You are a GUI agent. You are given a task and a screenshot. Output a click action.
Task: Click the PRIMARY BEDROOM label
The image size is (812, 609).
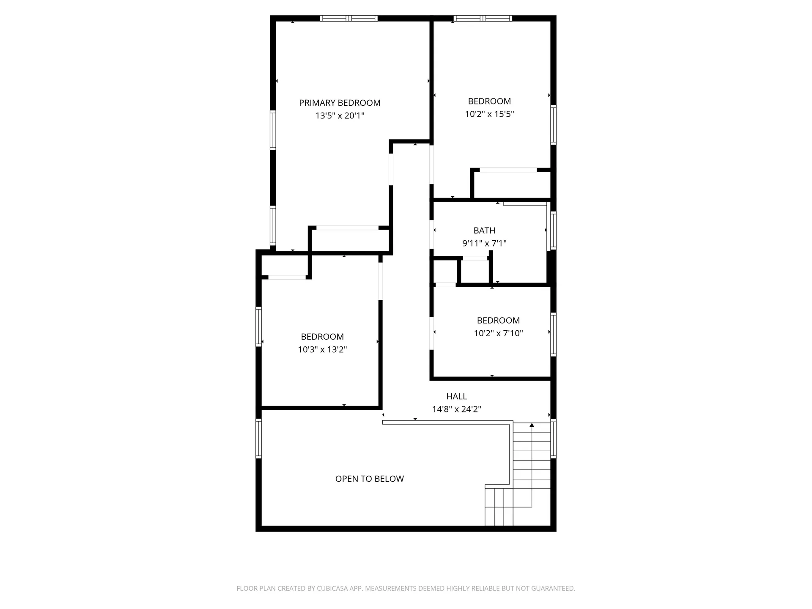(x=340, y=103)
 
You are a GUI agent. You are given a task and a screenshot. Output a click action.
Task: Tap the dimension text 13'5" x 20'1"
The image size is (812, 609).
(x=340, y=115)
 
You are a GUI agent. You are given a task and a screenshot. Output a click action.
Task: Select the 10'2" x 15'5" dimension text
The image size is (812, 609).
(x=489, y=114)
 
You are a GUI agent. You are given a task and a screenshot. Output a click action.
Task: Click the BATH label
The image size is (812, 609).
(x=484, y=230)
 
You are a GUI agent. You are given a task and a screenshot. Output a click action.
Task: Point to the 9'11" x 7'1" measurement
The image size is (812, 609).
(x=484, y=243)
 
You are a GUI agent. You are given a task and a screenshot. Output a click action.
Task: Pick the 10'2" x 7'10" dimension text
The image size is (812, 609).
(x=498, y=333)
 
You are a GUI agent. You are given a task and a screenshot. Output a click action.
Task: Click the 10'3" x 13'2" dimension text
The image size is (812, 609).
(x=322, y=349)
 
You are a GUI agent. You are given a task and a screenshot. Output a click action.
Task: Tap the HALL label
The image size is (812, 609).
(x=457, y=396)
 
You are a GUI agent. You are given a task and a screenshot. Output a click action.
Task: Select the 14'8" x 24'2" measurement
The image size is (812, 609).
(x=457, y=409)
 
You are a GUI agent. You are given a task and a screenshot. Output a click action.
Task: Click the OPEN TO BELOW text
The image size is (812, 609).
(x=370, y=479)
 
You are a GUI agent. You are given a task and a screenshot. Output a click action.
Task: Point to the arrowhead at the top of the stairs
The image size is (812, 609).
(x=532, y=425)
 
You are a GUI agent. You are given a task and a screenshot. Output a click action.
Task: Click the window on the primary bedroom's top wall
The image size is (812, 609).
(x=348, y=18)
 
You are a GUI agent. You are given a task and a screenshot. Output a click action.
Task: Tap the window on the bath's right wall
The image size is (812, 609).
(x=553, y=231)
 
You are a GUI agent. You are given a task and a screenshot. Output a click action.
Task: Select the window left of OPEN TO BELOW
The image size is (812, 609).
(x=258, y=438)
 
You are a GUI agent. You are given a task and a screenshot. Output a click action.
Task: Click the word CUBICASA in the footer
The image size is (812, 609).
(x=333, y=588)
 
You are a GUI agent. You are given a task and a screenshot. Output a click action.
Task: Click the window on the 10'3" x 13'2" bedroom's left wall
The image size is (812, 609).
(x=258, y=326)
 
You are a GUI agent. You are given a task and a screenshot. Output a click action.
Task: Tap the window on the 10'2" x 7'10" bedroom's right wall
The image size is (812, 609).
(x=553, y=334)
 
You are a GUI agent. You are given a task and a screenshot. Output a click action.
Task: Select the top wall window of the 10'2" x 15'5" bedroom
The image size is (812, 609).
(x=483, y=18)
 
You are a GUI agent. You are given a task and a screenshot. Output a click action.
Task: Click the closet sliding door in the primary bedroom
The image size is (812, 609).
(x=348, y=228)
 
